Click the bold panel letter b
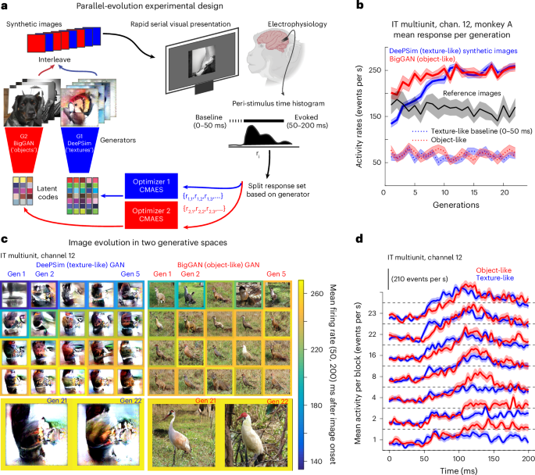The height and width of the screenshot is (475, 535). click(x=359, y=7)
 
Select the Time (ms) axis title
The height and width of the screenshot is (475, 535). click(x=463, y=469)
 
